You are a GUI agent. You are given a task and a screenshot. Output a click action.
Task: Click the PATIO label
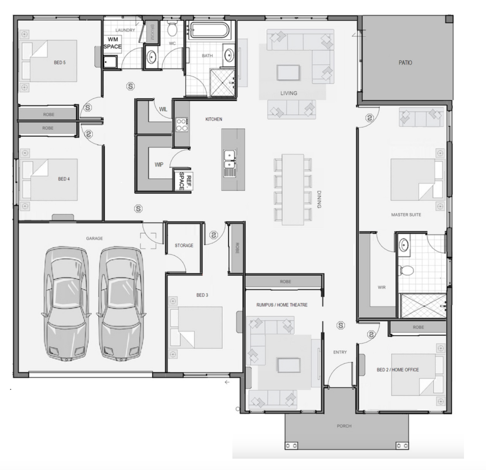coord(405,62)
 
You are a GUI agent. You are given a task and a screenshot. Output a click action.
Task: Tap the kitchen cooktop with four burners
coord(181,125)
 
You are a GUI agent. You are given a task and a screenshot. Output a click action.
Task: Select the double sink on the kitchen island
coord(229,160)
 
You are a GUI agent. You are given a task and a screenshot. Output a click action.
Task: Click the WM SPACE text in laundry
coord(113,43)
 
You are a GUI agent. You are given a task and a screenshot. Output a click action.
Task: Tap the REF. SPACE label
coord(185,180)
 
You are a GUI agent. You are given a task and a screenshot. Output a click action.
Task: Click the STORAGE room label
coord(184,245)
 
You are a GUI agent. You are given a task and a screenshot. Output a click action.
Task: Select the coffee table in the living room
coord(288,73)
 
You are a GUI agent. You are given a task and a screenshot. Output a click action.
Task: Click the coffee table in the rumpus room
coord(288,365)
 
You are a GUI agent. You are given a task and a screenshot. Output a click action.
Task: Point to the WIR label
coord(382,287)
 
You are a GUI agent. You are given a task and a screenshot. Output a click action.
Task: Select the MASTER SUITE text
coord(406,214)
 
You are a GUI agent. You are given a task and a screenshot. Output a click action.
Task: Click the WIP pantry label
coord(159,165)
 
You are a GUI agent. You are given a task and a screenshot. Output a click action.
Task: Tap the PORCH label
coord(344,426)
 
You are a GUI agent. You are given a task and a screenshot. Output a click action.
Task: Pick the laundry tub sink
coord(110,62)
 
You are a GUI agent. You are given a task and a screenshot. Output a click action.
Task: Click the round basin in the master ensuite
coord(404,245)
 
